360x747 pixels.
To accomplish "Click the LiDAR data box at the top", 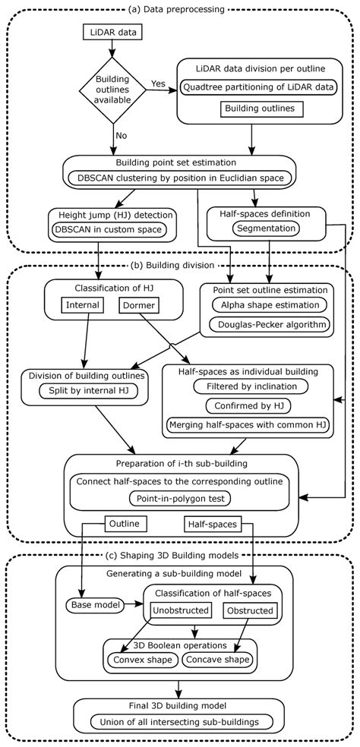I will point(112,33).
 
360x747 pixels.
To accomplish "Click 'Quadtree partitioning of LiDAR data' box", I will point(258,87).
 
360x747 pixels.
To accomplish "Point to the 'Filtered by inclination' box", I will point(248,386).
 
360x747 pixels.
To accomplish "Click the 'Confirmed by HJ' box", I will point(248,405).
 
